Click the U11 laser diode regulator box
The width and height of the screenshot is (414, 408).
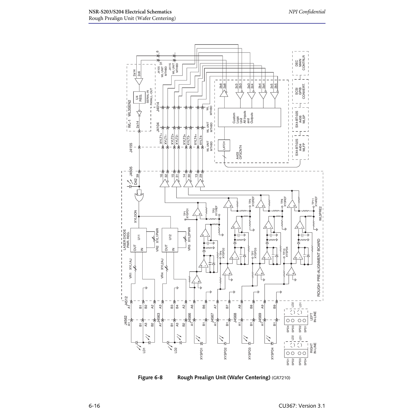(138, 240)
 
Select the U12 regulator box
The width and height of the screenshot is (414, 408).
(170, 240)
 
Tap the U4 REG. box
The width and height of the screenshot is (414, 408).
(139, 98)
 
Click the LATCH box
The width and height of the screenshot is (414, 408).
(224, 145)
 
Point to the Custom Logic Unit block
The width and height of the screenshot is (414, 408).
(249, 117)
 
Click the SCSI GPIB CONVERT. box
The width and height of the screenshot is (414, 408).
(300, 91)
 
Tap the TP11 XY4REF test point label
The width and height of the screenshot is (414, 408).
(314, 201)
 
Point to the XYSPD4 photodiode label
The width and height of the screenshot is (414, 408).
(272, 353)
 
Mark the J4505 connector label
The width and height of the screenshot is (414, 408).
(131, 171)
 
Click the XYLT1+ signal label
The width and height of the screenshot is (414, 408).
(161, 139)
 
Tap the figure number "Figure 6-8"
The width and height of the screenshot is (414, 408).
(150, 377)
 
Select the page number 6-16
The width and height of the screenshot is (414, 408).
(94, 406)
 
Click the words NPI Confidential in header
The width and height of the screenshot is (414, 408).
(307, 12)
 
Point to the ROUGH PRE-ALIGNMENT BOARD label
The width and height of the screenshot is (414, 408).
(319, 268)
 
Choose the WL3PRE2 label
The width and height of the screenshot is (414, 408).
(320, 213)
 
